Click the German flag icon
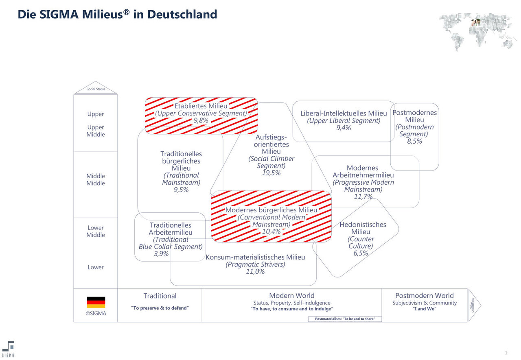coord(96,302)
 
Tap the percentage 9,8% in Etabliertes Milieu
coord(201,120)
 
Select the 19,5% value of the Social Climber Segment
coord(271,173)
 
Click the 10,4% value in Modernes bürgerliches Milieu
coord(271,231)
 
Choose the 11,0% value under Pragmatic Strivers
coord(255,271)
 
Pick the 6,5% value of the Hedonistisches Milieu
coord(361,253)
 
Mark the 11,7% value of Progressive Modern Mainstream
coord(363,196)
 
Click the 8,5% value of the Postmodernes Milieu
coord(414,142)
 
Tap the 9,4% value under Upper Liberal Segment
coord(344,128)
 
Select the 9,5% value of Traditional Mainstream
coord(181,190)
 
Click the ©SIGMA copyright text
coord(96,313)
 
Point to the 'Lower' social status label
coord(96,267)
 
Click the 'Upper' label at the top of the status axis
coord(96,114)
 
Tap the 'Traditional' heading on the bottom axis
coord(160,296)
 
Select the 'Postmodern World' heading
coord(425,296)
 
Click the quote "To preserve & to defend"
coord(160,308)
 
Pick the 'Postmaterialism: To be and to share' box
coord(345,319)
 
